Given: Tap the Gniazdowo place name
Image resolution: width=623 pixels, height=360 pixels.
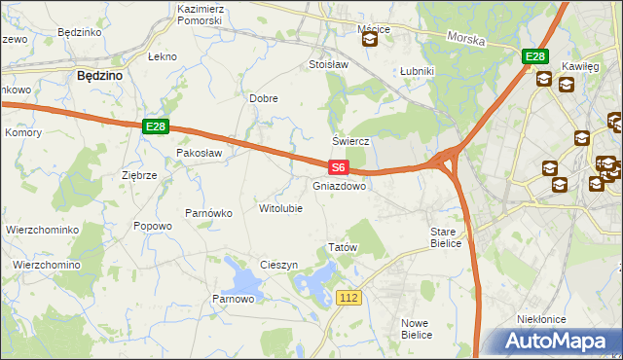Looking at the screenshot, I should point(340,185).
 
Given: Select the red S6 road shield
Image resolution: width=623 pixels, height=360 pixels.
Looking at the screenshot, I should point(337,168).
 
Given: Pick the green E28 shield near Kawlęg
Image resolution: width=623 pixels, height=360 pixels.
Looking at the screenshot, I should point(534,57).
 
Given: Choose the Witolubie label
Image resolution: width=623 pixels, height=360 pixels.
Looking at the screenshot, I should point(280,208).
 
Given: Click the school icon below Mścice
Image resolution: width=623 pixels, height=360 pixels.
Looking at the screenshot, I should point(370,41).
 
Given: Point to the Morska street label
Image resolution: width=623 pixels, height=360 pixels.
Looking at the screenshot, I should point(465,38).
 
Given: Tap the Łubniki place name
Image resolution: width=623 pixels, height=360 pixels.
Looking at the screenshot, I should point(417,72).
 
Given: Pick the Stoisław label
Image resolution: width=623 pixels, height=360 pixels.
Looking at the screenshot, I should point(328,65).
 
